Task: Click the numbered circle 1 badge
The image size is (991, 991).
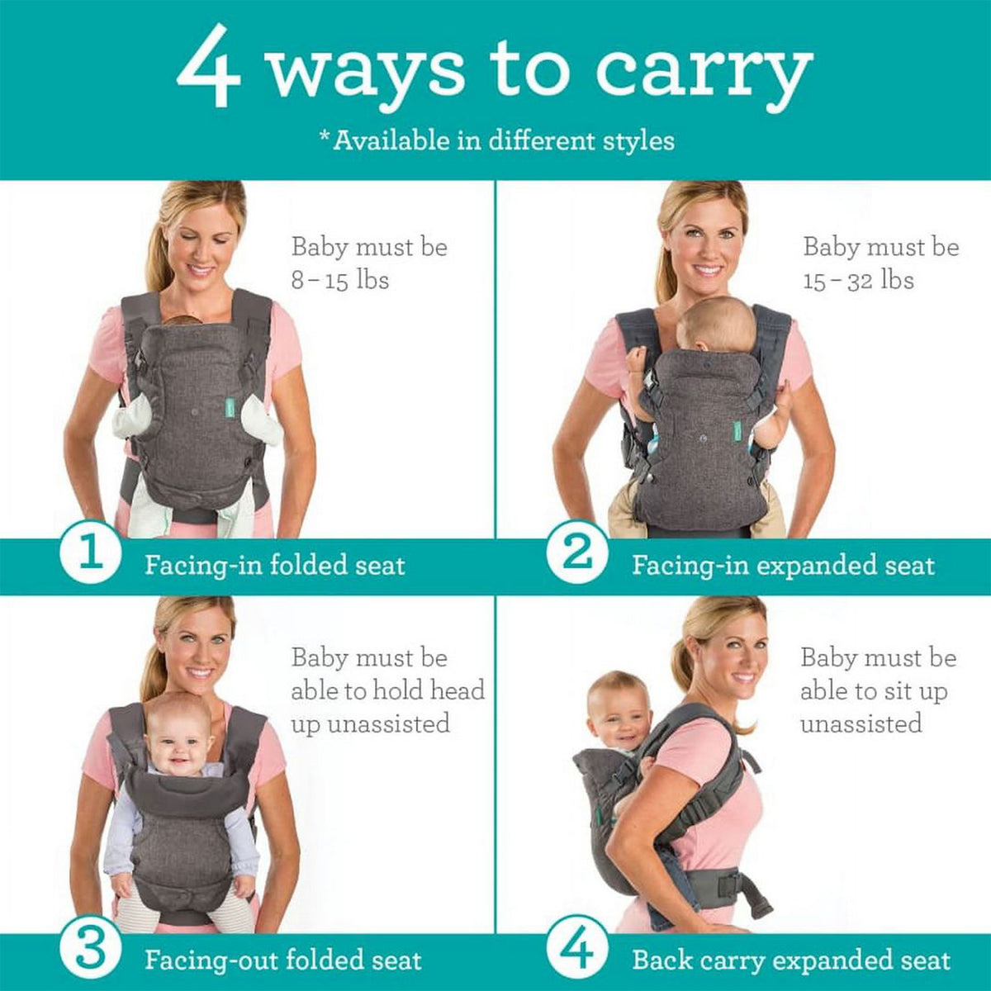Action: click(x=91, y=553)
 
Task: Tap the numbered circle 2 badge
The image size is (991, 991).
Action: click(x=577, y=553)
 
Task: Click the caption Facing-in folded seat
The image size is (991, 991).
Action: click(x=275, y=566)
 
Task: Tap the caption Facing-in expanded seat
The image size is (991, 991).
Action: click(x=783, y=566)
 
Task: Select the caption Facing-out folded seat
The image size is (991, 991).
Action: click(x=283, y=960)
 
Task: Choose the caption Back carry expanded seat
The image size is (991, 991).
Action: click(x=791, y=960)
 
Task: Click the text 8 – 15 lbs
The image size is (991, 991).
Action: click(x=339, y=280)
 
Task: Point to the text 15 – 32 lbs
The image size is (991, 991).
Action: click(x=859, y=280)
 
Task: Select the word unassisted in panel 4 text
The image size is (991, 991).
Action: click(x=861, y=724)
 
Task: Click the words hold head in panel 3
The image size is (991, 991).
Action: click(x=429, y=690)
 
